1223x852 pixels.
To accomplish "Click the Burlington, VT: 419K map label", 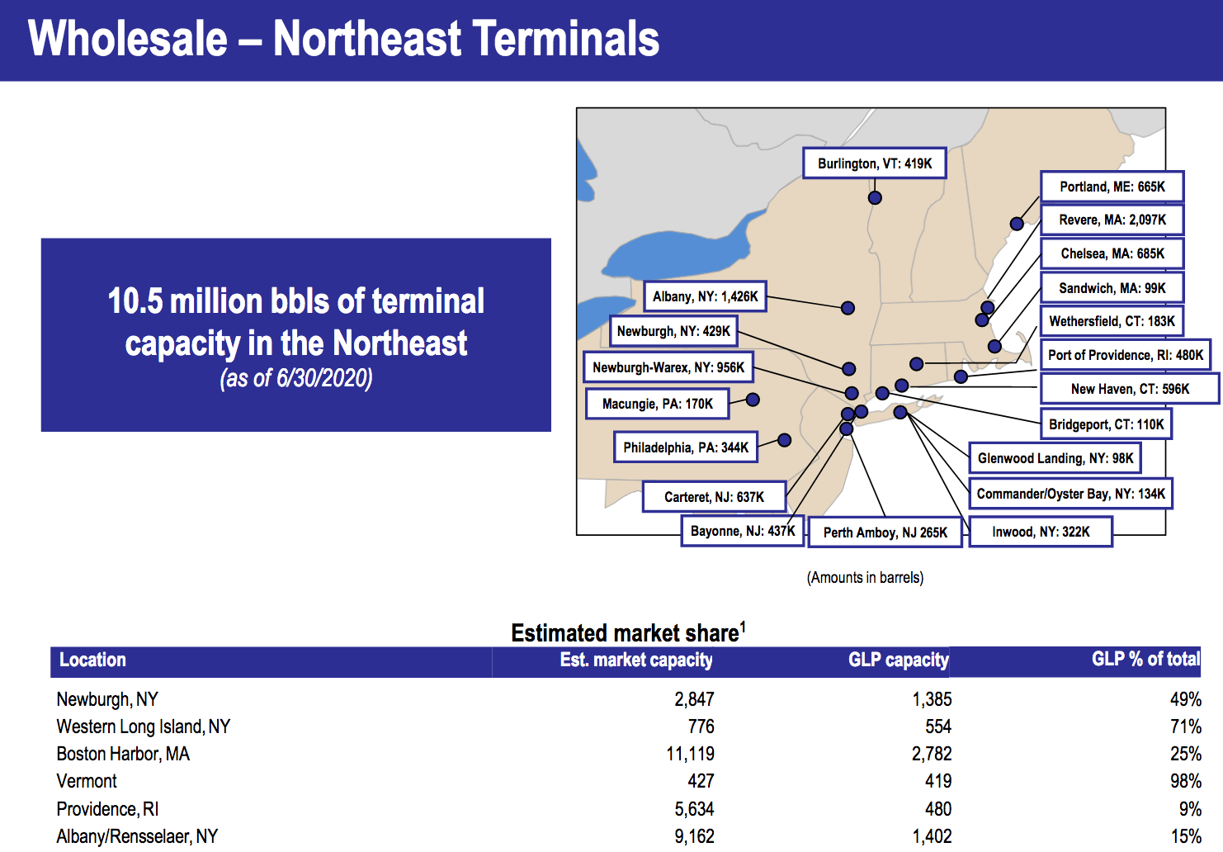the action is (x=874, y=163).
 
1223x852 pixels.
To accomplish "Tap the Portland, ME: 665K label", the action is (x=1112, y=187).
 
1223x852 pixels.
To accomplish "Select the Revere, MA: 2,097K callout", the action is (x=1112, y=220).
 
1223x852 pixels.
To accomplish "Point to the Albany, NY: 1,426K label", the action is (x=705, y=296).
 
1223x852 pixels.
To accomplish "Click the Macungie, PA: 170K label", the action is (x=658, y=404).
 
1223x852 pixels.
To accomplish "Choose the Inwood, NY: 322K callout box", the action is (x=1041, y=532).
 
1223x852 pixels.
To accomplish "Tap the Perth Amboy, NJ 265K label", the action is (x=885, y=532).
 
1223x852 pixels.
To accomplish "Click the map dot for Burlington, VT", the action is (x=875, y=197).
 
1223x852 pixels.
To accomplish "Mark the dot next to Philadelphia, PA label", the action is (x=784, y=440).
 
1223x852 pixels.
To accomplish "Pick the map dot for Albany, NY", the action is (x=848, y=308).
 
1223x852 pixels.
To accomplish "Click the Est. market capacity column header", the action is (x=636, y=660).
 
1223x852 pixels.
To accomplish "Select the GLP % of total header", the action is (x=1145, y=659).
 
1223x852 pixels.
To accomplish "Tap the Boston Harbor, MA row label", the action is (x=123, y=754).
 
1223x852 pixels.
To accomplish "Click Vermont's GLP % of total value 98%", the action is (x=1185, y=781).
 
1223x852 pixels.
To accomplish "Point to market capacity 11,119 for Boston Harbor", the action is (x=690, y=754).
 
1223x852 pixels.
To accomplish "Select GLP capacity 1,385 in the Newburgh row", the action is (x=932, y=699).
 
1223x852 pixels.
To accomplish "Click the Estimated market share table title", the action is (x=628, y=632).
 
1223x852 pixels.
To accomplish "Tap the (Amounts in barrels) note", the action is (x=865, y=577).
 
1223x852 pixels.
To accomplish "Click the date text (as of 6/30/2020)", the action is (x=296, y=378).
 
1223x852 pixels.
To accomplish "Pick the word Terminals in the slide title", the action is (x=565, y=38).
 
